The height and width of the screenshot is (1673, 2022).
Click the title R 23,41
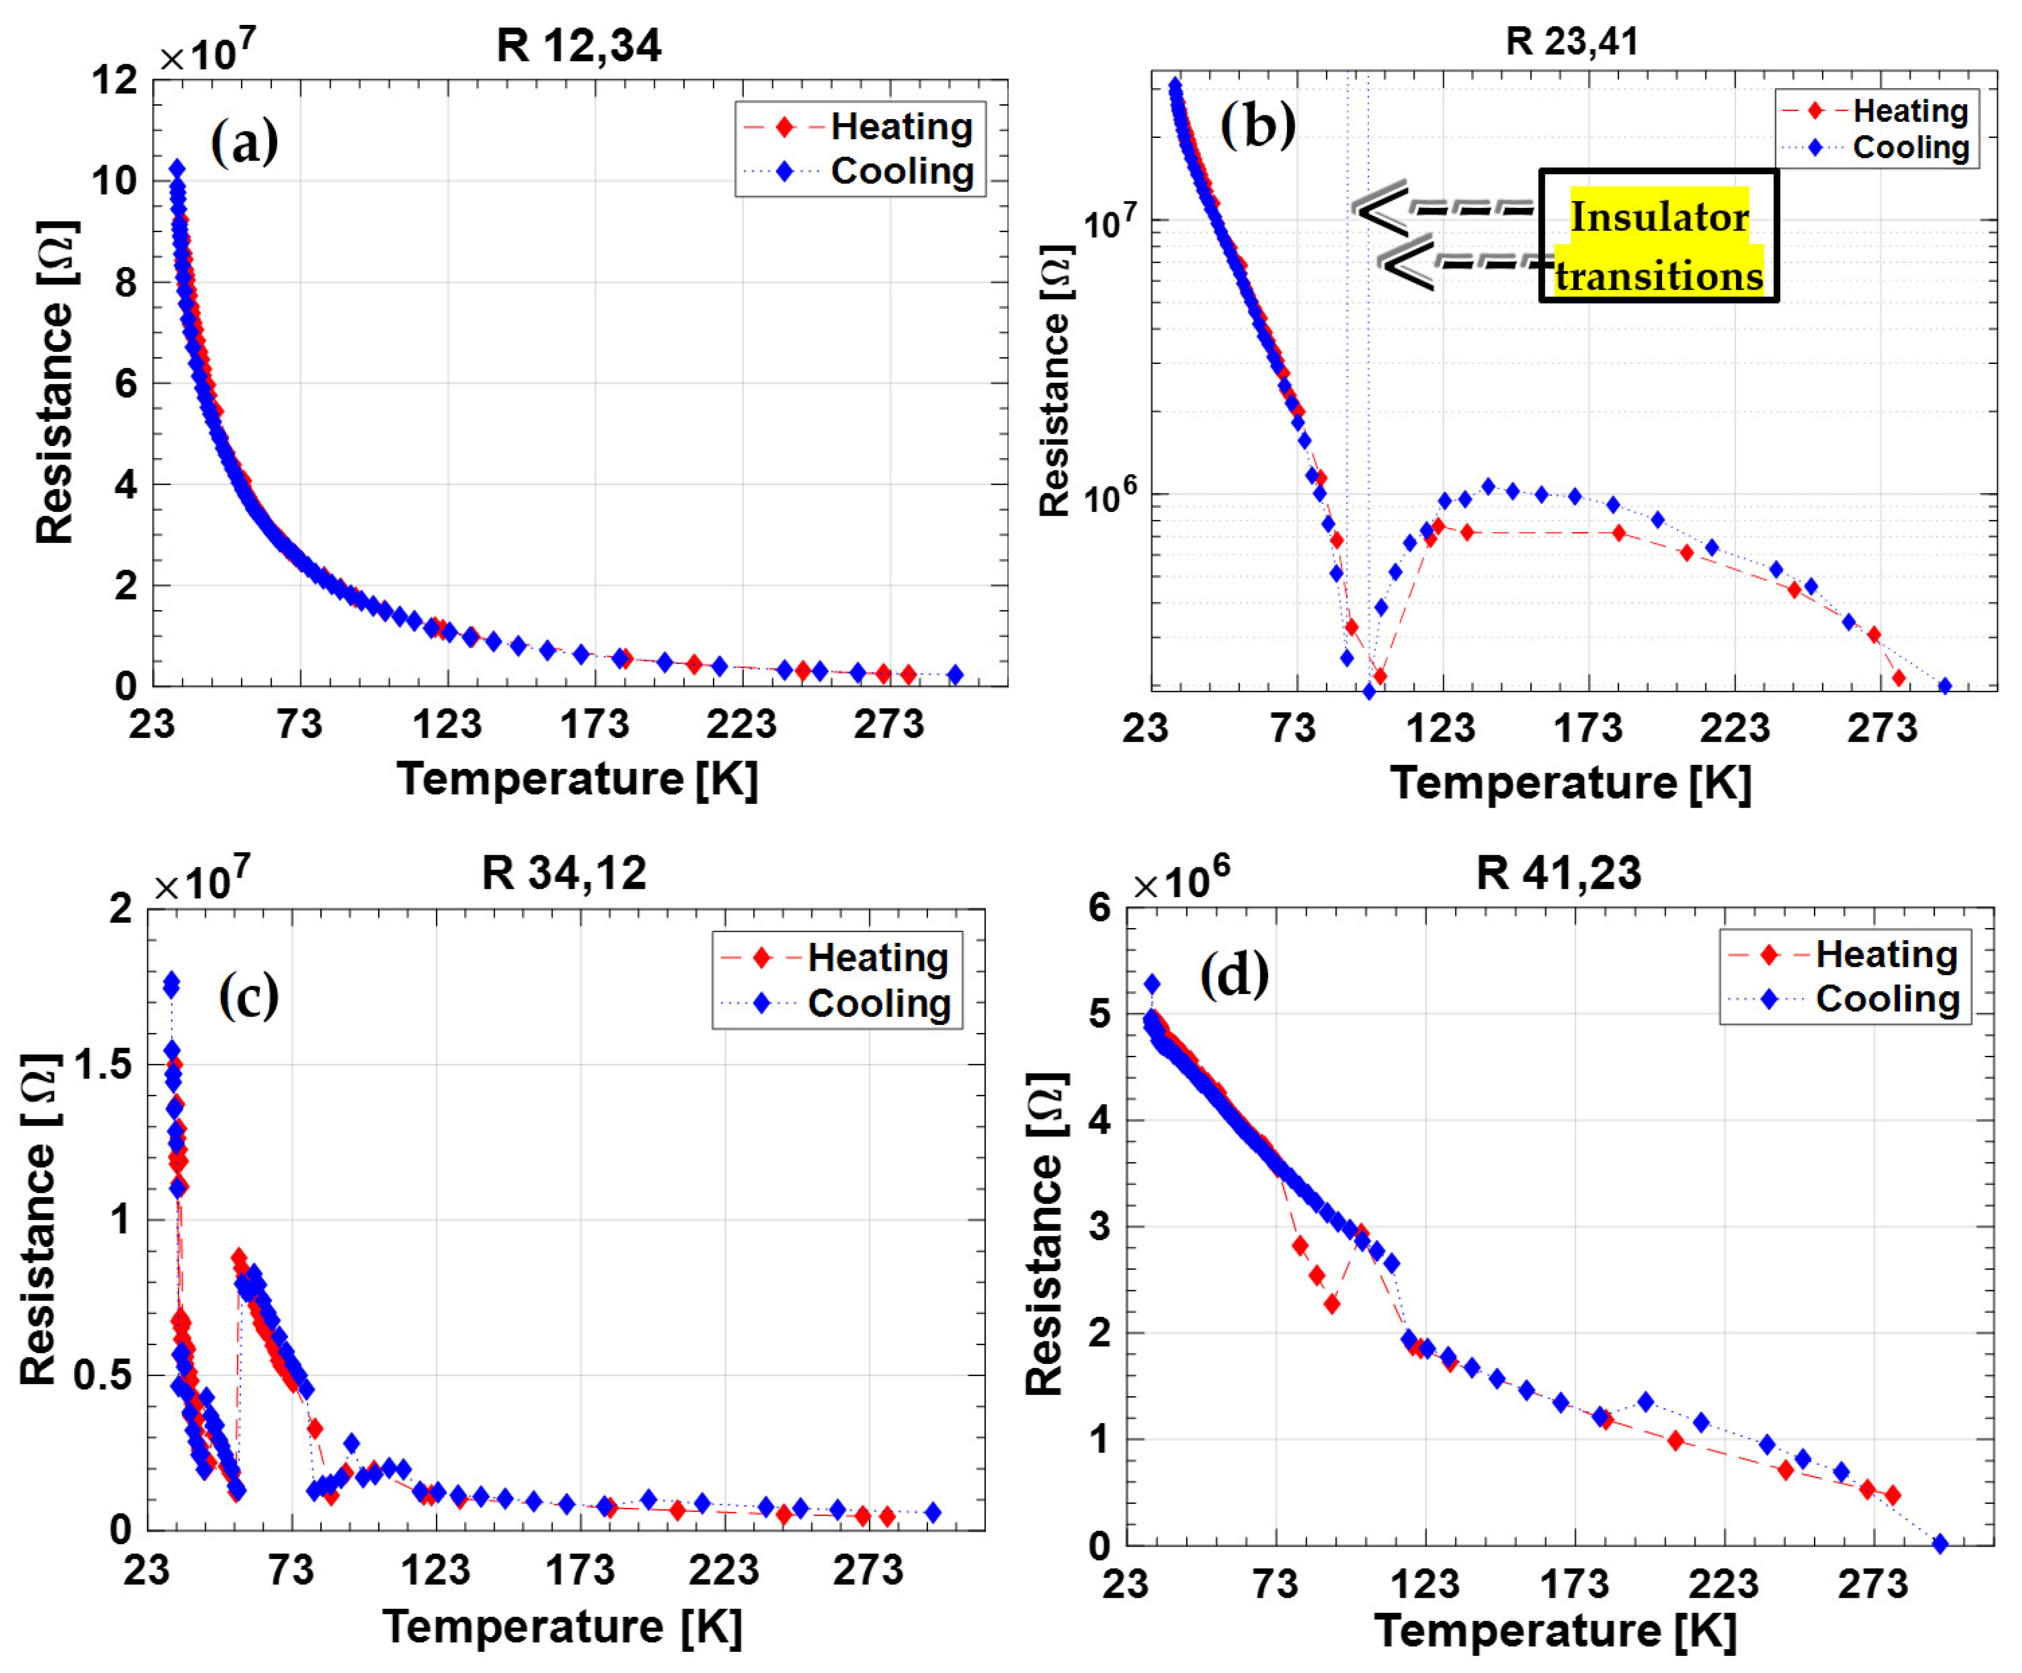pos(1571,42)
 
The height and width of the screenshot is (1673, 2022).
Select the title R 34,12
pos(564,873)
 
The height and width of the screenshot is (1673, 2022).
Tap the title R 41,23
pos(1559,873)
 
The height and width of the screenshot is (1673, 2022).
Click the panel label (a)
pos(245,143)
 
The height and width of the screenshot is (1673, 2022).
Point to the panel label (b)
pos(1257,125)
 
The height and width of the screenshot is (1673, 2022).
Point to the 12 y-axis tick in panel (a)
pos(114,80)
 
